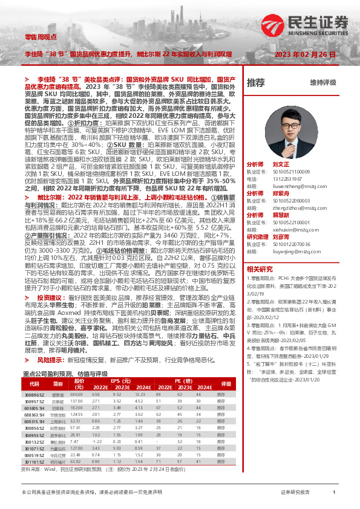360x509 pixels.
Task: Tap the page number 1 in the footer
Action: point(333,493)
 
